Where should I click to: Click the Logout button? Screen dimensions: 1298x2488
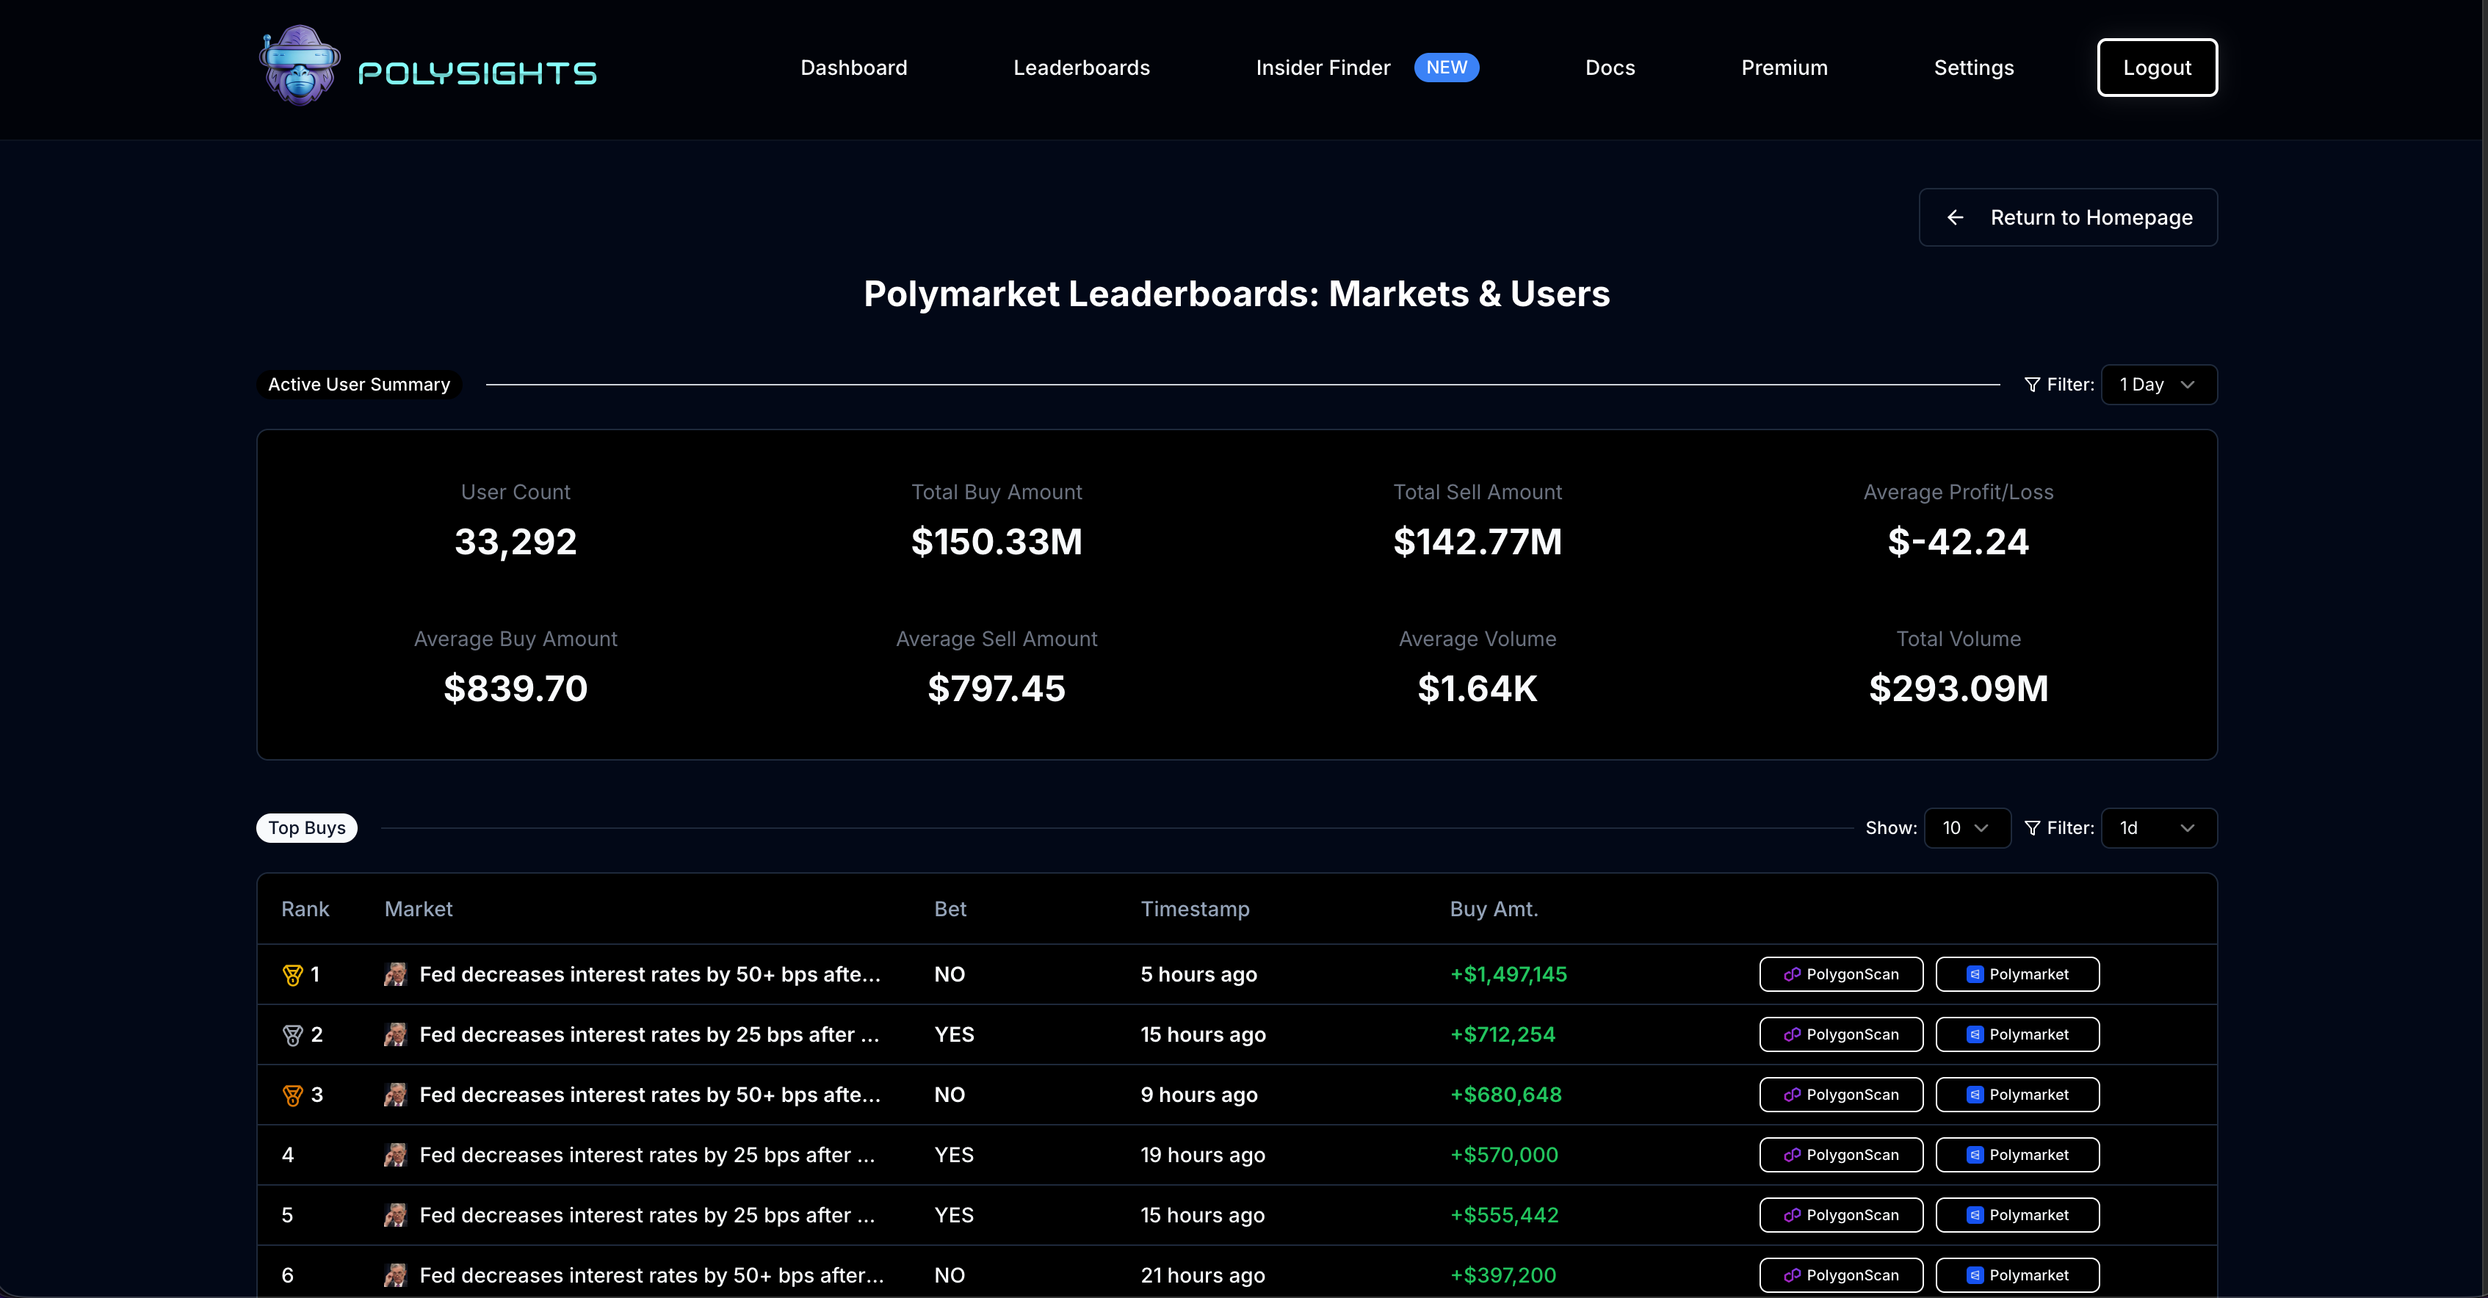(x=2157, y=68)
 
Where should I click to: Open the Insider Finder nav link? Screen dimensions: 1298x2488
(x=1323, y=68)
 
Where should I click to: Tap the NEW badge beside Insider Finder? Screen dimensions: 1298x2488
(x=1446, y=68)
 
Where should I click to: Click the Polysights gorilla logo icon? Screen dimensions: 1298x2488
(x=300, y=65)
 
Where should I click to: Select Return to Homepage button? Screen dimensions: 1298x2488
(x=2068, y=217)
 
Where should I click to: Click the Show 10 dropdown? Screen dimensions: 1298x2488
(x=1967, y=827)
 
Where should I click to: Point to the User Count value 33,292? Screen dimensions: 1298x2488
(x=516, y=542)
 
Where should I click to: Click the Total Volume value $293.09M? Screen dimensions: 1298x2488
(x=1958, y=689)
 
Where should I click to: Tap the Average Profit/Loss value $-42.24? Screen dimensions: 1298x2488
(x=1958, y=542)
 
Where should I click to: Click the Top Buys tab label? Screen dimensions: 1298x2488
(x=306, y=827)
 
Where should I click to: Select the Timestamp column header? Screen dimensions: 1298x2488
(x=1195, y=909)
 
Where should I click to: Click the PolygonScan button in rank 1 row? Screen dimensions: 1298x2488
(x=1841, y=974)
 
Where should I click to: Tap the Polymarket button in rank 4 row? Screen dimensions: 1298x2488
(x=2017, y=1155)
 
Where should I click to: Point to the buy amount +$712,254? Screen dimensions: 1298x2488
(x=1502, y=1034)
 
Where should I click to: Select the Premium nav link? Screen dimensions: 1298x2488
(x=1784, y=68)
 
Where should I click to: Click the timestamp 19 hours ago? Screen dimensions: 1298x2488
(x=1202, y=1155)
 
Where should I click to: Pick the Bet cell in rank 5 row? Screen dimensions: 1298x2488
(x=953, y=1215)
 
